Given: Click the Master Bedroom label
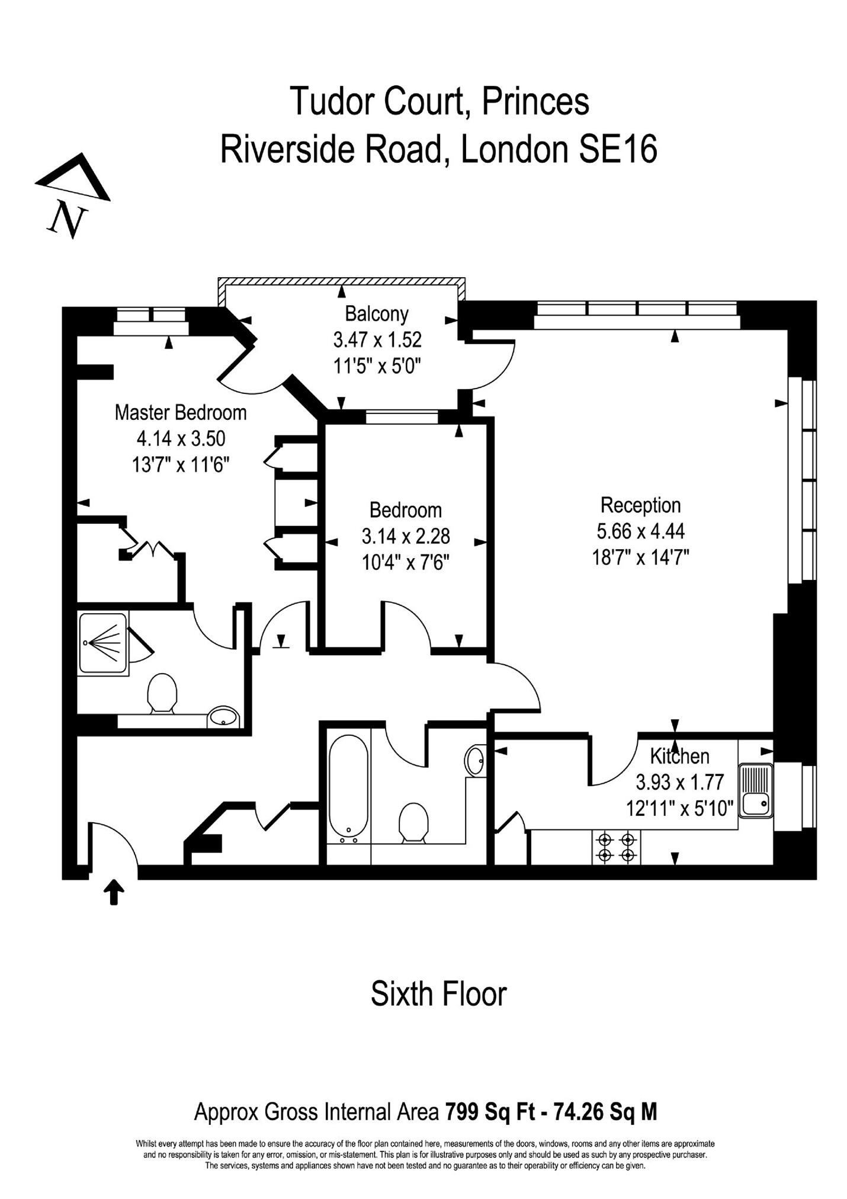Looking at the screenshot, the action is coord(181,412).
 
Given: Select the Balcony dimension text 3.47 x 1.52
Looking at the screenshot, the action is coord(377,339).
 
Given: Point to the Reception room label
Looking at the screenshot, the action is coord(640,505).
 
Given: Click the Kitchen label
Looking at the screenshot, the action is coord(679,756).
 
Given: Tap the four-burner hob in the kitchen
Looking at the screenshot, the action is coord(616,847).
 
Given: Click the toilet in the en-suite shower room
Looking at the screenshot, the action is coord(162,693).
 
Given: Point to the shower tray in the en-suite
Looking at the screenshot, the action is coord(103,643).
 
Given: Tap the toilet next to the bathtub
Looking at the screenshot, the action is coord(413,822).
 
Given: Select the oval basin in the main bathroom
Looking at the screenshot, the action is coord(475,760).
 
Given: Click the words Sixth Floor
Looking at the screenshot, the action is coord(438,994).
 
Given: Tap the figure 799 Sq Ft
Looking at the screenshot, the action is coord(490,1112).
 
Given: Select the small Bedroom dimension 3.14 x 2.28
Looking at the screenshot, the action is coord(406,536).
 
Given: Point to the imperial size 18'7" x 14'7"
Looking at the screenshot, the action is coord(640,557).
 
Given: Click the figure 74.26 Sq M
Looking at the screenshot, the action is coord(605,1112).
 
